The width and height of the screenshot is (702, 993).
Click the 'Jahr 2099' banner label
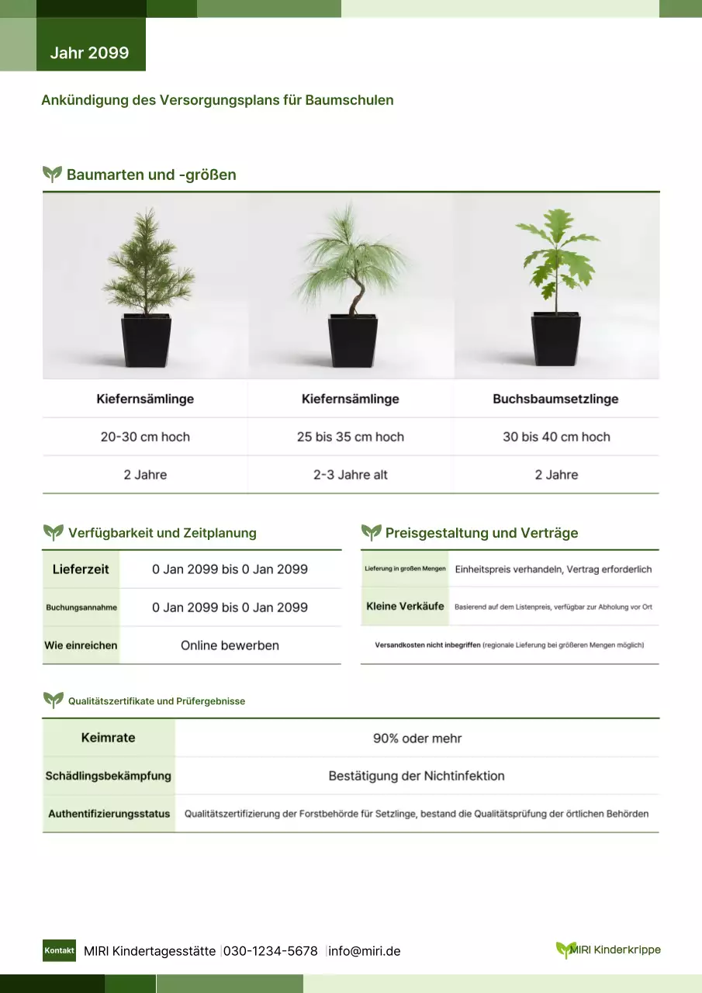89,53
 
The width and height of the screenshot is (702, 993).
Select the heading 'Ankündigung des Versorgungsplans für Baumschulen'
217,100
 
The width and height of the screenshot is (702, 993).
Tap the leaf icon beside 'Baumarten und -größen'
52,175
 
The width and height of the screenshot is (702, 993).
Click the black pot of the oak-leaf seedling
556,339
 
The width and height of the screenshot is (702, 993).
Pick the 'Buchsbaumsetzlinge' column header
555,399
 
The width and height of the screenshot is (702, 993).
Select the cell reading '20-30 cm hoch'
145,437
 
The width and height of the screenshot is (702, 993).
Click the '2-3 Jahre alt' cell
351,475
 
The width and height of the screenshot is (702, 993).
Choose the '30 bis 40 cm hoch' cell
556,437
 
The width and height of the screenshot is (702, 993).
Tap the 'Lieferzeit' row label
81,569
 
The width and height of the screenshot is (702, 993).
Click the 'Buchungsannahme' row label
81,607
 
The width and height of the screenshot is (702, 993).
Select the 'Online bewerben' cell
230,645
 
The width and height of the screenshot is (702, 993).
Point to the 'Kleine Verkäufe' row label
405,607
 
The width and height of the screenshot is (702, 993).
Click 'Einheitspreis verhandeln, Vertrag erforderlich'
553,569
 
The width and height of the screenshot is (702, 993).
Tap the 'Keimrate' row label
109,738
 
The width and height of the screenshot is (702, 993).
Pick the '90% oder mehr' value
417,739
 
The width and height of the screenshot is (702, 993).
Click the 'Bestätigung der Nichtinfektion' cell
417,776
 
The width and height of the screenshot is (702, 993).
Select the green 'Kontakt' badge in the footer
59,950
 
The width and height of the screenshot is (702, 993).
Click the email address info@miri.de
365,951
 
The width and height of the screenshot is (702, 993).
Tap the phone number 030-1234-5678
271,951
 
